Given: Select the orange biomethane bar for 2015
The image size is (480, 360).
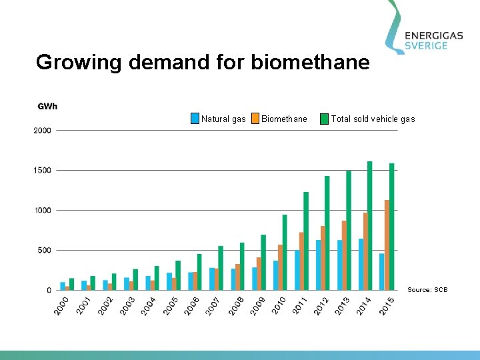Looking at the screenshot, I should point(387,245).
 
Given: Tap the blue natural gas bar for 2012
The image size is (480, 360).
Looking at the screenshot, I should point(319,265).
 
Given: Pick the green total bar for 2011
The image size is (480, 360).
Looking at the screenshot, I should point(306,241).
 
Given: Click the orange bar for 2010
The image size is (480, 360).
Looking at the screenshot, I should point(280,267).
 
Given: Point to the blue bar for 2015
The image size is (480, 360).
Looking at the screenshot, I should point(382,271).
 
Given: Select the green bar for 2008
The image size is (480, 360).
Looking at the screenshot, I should point(242,266).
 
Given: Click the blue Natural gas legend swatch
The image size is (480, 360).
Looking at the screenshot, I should point(195,119).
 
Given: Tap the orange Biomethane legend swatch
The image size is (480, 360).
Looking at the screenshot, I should point(255,119).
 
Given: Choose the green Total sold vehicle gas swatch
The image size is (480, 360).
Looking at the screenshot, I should point(325,119).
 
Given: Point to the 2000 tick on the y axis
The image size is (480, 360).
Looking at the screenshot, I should point(42,131).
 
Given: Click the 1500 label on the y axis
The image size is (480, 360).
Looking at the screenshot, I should point(42,171).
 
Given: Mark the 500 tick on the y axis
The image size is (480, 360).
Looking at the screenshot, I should point(44,251).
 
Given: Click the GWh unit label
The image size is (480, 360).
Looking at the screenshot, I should point(47,107).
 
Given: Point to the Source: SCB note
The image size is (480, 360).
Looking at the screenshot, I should point(428,290).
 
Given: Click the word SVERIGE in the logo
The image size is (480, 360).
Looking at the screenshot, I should point(435,45).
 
